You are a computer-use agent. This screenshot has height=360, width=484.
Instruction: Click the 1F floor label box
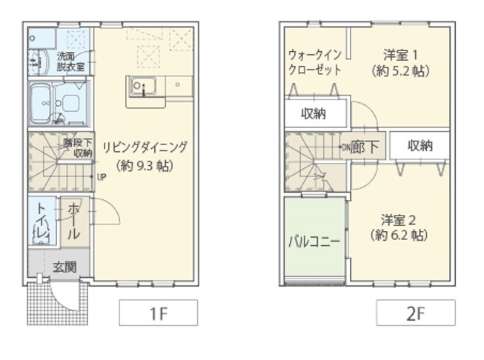[158, 313]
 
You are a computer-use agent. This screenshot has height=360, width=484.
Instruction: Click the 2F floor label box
[414, 313]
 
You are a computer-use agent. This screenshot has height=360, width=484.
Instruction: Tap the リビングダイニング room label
[145, 147]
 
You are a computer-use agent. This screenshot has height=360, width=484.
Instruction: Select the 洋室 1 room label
[401, 55]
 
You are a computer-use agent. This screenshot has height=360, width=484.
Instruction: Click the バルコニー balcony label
[315, 241]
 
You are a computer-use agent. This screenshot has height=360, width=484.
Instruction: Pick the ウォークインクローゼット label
[315, 62]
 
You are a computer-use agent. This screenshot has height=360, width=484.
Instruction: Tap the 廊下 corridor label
[365, 147]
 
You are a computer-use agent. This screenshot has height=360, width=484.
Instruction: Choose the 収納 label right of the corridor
[420, 145]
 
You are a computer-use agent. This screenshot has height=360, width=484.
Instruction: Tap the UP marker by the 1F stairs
[102, 177]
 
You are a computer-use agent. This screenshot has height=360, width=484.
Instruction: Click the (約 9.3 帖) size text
[145, 166]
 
